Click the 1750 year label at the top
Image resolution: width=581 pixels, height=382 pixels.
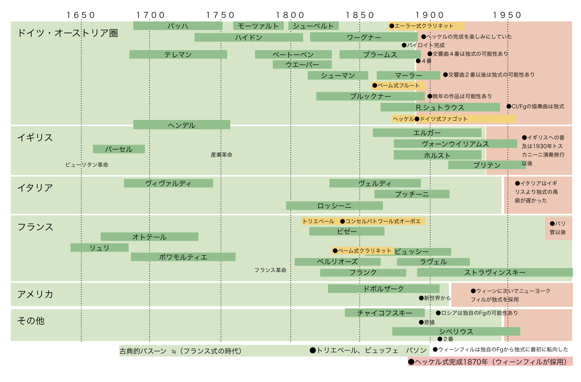point(220,15)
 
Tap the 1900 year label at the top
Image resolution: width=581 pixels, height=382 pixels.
point(430,15)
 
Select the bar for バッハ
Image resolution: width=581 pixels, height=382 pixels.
point(178,26)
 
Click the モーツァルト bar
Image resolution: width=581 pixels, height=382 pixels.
point(258,26)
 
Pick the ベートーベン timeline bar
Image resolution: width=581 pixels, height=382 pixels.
point(293,54)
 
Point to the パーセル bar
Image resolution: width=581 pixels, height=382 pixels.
point(119,149)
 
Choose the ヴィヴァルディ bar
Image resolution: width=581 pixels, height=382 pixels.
point(168,183)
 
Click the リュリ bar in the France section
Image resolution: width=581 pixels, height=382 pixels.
point(99,248)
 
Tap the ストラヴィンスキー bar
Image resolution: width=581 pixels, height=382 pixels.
point(494,272)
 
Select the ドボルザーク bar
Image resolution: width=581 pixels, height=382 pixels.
point(383,289)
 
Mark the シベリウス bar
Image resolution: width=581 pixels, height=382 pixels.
point(456,331)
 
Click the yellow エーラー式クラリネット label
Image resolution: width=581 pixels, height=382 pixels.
point(426,26)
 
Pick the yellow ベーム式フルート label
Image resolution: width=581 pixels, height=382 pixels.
point(398,86)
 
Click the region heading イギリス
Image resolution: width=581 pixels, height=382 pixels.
point(35,138)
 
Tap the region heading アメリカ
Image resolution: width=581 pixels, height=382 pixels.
point(35,294)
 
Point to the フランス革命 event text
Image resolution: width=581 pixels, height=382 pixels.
point(270,270)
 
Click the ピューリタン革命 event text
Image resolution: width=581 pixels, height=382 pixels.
point(87,165)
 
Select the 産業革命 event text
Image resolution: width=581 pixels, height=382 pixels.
point(221,155)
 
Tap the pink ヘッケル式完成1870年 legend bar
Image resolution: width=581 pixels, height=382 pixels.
point(490,362)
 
